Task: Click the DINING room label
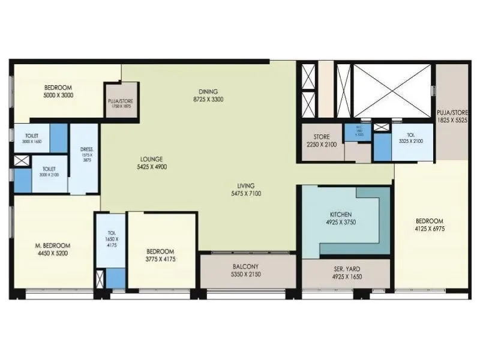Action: tap(208, 91)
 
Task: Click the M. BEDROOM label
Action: tap(53, 245)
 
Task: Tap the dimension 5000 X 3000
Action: tap(58, 95)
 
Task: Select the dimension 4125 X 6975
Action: tap(429, 229)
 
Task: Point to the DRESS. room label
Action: tap(85, 150)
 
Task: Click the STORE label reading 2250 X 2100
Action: tap(321, 145)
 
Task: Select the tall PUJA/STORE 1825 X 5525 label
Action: tap(452, 115)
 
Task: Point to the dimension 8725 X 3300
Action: tap(208, 99)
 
